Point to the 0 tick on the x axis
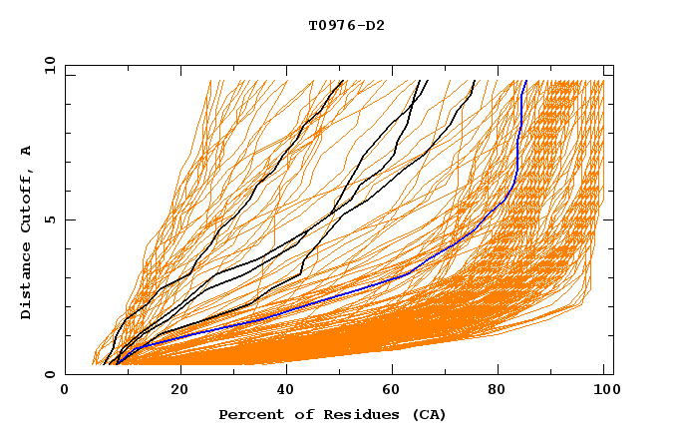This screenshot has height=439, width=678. click(x=66, y=391)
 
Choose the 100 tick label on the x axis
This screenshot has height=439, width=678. click(x=604, y=391)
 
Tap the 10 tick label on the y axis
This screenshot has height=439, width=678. click(x=47, y=65)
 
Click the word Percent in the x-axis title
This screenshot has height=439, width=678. click(x=248, y=414)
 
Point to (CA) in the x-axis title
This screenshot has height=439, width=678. click(x=427, y=414)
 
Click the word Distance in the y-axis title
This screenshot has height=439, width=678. click(x=26, y=283)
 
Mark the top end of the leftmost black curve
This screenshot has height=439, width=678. click(x=341, y=81)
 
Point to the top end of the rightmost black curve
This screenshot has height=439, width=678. click(x=475, y=81)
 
